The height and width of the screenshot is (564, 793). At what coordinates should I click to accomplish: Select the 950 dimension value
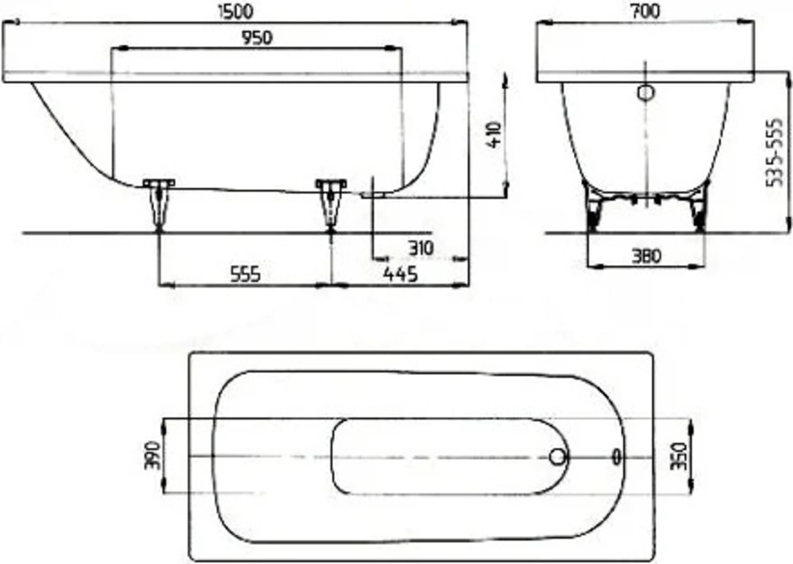(x=257, y=38)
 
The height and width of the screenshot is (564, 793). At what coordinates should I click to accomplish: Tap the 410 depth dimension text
(x=495, y=134)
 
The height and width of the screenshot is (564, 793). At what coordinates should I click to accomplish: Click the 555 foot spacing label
(x=245, y=274)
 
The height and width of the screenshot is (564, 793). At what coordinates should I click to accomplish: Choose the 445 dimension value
(x=400, y=274)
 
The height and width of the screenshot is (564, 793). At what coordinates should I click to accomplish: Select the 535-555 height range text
(x=775, y=152)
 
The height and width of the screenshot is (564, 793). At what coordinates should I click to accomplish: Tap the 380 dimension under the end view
(x=646, y=256)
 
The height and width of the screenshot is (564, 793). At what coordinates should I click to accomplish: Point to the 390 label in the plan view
(x=152, y=455)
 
